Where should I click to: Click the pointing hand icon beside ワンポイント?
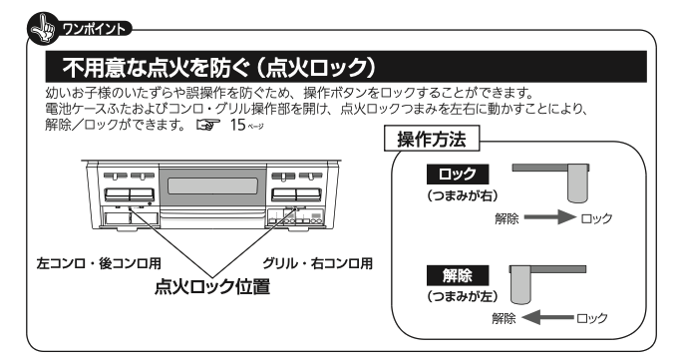(43, 29)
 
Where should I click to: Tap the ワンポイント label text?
(94, 29)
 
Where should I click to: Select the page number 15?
(237, 125)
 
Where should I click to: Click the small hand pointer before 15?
(207, 125)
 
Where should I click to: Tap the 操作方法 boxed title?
(432, 139)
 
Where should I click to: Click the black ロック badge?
(458, 175)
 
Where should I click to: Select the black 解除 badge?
(458, 275)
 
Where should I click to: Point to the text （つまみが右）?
(463, 195)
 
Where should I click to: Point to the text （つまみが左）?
(463, 296)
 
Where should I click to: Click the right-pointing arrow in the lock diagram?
(549, 216)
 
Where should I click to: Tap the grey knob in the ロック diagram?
(578, 183)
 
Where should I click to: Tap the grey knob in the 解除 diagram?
(520, 284)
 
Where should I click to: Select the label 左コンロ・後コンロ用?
(99, 263)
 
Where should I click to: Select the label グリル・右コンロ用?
(317, 263)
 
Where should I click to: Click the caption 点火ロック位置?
(212, 286)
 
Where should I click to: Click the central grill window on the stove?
(213, 185)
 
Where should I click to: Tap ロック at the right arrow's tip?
(596, 218)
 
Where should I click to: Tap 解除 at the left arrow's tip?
(504, 318)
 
